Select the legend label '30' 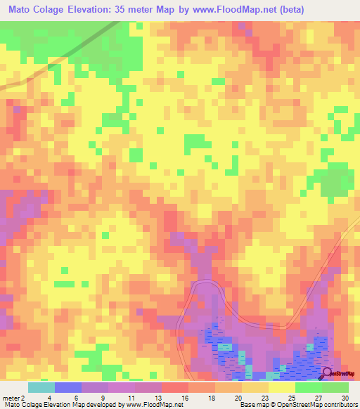344,398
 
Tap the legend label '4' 49,398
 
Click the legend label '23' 264,398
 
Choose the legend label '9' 102,398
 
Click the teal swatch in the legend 41,387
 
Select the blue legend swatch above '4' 68,387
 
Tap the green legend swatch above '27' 309,387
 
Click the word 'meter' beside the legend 11,398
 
